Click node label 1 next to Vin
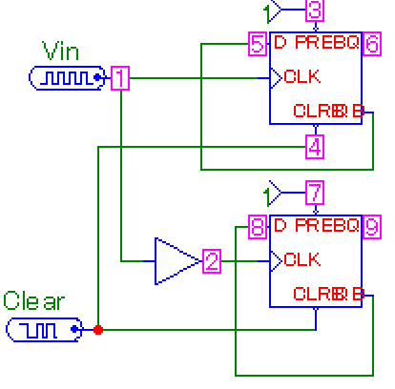(x=120, y=79)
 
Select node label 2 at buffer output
(x=212, y=259)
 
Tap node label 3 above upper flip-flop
(x=315, y=10)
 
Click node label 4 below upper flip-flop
(x=315, y=147)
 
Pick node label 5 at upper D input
(x=257, y=44)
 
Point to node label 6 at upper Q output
(x=372, y=44)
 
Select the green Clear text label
(x=34, y=302)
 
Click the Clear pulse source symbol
(x=44, y=330)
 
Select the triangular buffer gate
(x=174, y=259)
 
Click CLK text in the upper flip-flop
(x=301, y=76)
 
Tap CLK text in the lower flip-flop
(x=301, y=259)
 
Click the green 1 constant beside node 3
(x=268, y=10)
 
